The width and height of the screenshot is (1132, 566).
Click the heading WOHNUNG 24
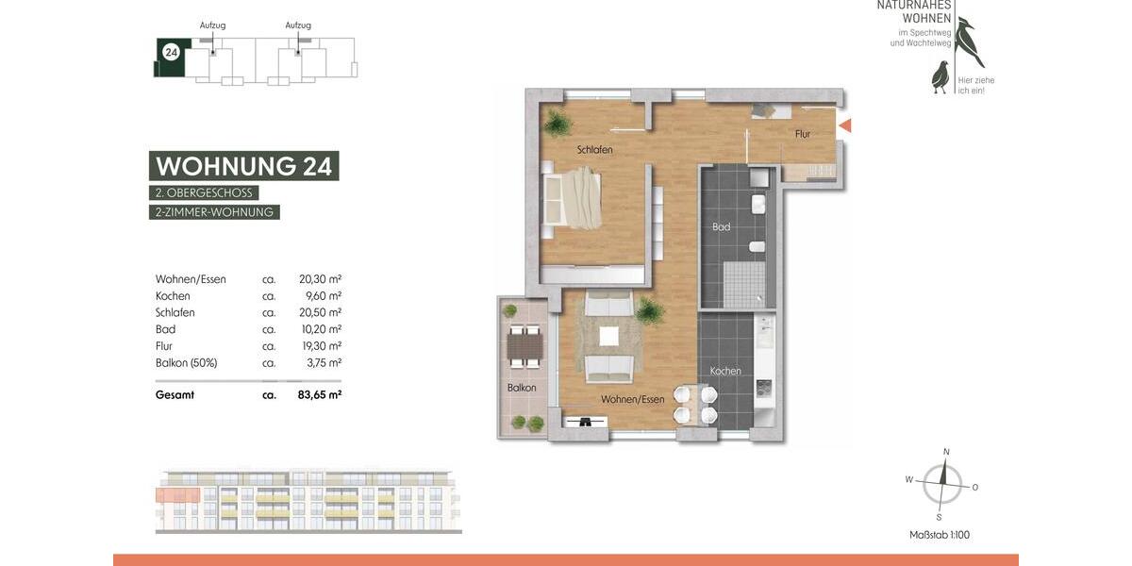tap(243, 166)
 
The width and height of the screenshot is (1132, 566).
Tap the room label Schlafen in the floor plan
tap(595, 150)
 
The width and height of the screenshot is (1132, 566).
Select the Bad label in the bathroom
tap(722, 227)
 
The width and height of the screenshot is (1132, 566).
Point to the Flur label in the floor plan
tap(803, 135)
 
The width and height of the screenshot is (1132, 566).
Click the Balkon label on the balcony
tap(522, 388)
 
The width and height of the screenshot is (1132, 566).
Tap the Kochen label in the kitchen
tap(725, 371)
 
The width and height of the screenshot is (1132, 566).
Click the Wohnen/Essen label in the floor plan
tap(633, 399)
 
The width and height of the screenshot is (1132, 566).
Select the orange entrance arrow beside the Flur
tap(845, 125)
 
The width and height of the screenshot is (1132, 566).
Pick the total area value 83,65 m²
tap(319, 395)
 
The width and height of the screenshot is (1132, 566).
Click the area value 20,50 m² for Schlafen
tap(319, 312)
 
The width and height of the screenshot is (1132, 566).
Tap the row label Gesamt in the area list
tap(175, 395)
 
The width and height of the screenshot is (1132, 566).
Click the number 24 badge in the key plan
tap(171, 52)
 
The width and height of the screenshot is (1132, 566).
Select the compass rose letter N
tap(946, 452)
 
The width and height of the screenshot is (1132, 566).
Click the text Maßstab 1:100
tap(939, 535)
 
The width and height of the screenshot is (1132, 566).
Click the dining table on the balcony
tap(523, 347)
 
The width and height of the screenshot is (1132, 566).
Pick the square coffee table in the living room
tap(609, 335)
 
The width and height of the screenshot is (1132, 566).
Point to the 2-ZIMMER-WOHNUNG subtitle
tap(215, 212)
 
